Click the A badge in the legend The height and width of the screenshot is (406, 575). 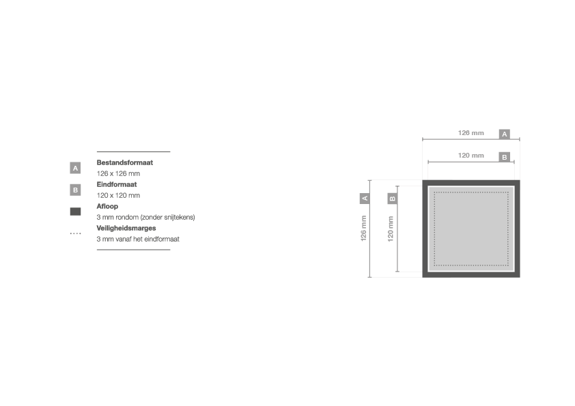75,168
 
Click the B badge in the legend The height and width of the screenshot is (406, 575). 75,190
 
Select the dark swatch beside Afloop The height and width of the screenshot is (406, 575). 75,212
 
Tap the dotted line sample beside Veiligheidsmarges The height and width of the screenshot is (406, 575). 75,233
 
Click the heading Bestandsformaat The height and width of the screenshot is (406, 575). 125,162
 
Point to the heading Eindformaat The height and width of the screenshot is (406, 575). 117,184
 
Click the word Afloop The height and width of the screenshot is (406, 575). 107,206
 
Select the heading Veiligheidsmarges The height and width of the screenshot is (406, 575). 126,228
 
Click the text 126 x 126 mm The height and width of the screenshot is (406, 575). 118,173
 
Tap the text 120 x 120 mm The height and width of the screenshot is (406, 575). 118,195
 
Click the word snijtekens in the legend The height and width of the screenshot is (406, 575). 179,217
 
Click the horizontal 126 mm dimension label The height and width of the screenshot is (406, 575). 471,133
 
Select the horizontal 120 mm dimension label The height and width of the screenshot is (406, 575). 471,156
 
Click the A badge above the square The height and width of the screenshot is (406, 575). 505,134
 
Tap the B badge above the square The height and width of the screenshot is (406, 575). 505,157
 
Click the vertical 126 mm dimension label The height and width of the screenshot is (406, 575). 363,229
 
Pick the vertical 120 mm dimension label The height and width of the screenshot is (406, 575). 391,229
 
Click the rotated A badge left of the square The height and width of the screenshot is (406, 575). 365,199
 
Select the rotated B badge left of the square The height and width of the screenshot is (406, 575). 393,199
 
